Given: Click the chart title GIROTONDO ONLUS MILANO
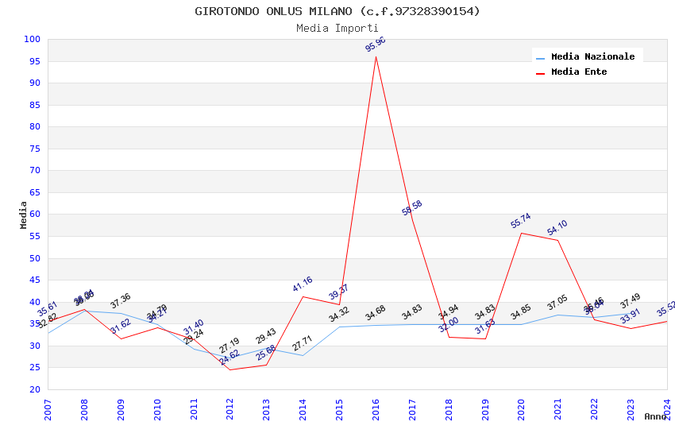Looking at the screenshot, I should point(337,11).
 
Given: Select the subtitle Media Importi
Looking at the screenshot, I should point(337,28).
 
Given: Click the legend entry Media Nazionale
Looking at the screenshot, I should point(592,57).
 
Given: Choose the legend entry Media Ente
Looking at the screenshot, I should point(579,72).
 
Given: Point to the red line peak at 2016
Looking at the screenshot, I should point(376,56).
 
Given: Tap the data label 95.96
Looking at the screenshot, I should point(376,44).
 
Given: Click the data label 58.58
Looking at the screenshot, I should point(412,208).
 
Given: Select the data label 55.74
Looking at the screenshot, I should point(521,221).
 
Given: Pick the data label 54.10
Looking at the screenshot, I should point(557,228).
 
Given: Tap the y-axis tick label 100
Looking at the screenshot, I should point(33,40).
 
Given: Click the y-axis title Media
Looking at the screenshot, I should point(23,215).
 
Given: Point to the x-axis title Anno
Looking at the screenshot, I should point(655,416).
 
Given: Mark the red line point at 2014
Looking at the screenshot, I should point(303,296).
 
